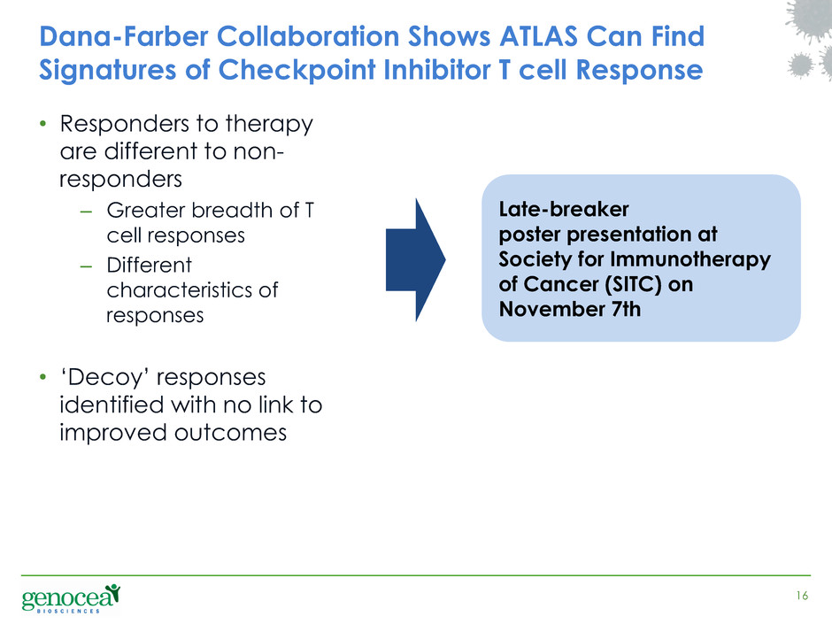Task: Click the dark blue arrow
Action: (x=415, y=260)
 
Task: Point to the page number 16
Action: (x=802, y=596)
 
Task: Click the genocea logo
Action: (x=71, y=598)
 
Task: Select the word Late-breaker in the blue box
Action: (x=564, y=209)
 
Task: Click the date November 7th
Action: (x=570, y=309)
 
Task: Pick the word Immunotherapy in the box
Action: (x=690, y=260)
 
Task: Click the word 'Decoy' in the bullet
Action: (x=105, y=378)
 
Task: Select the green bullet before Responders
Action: (x=43, y=125)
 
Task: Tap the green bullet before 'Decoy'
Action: (x=43, y=378)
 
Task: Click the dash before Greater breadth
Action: (x=86, y=212)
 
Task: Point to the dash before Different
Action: (x=86, y=266)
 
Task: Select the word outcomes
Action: (x=230, y=433)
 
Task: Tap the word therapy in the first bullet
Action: (x=269, y=125)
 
